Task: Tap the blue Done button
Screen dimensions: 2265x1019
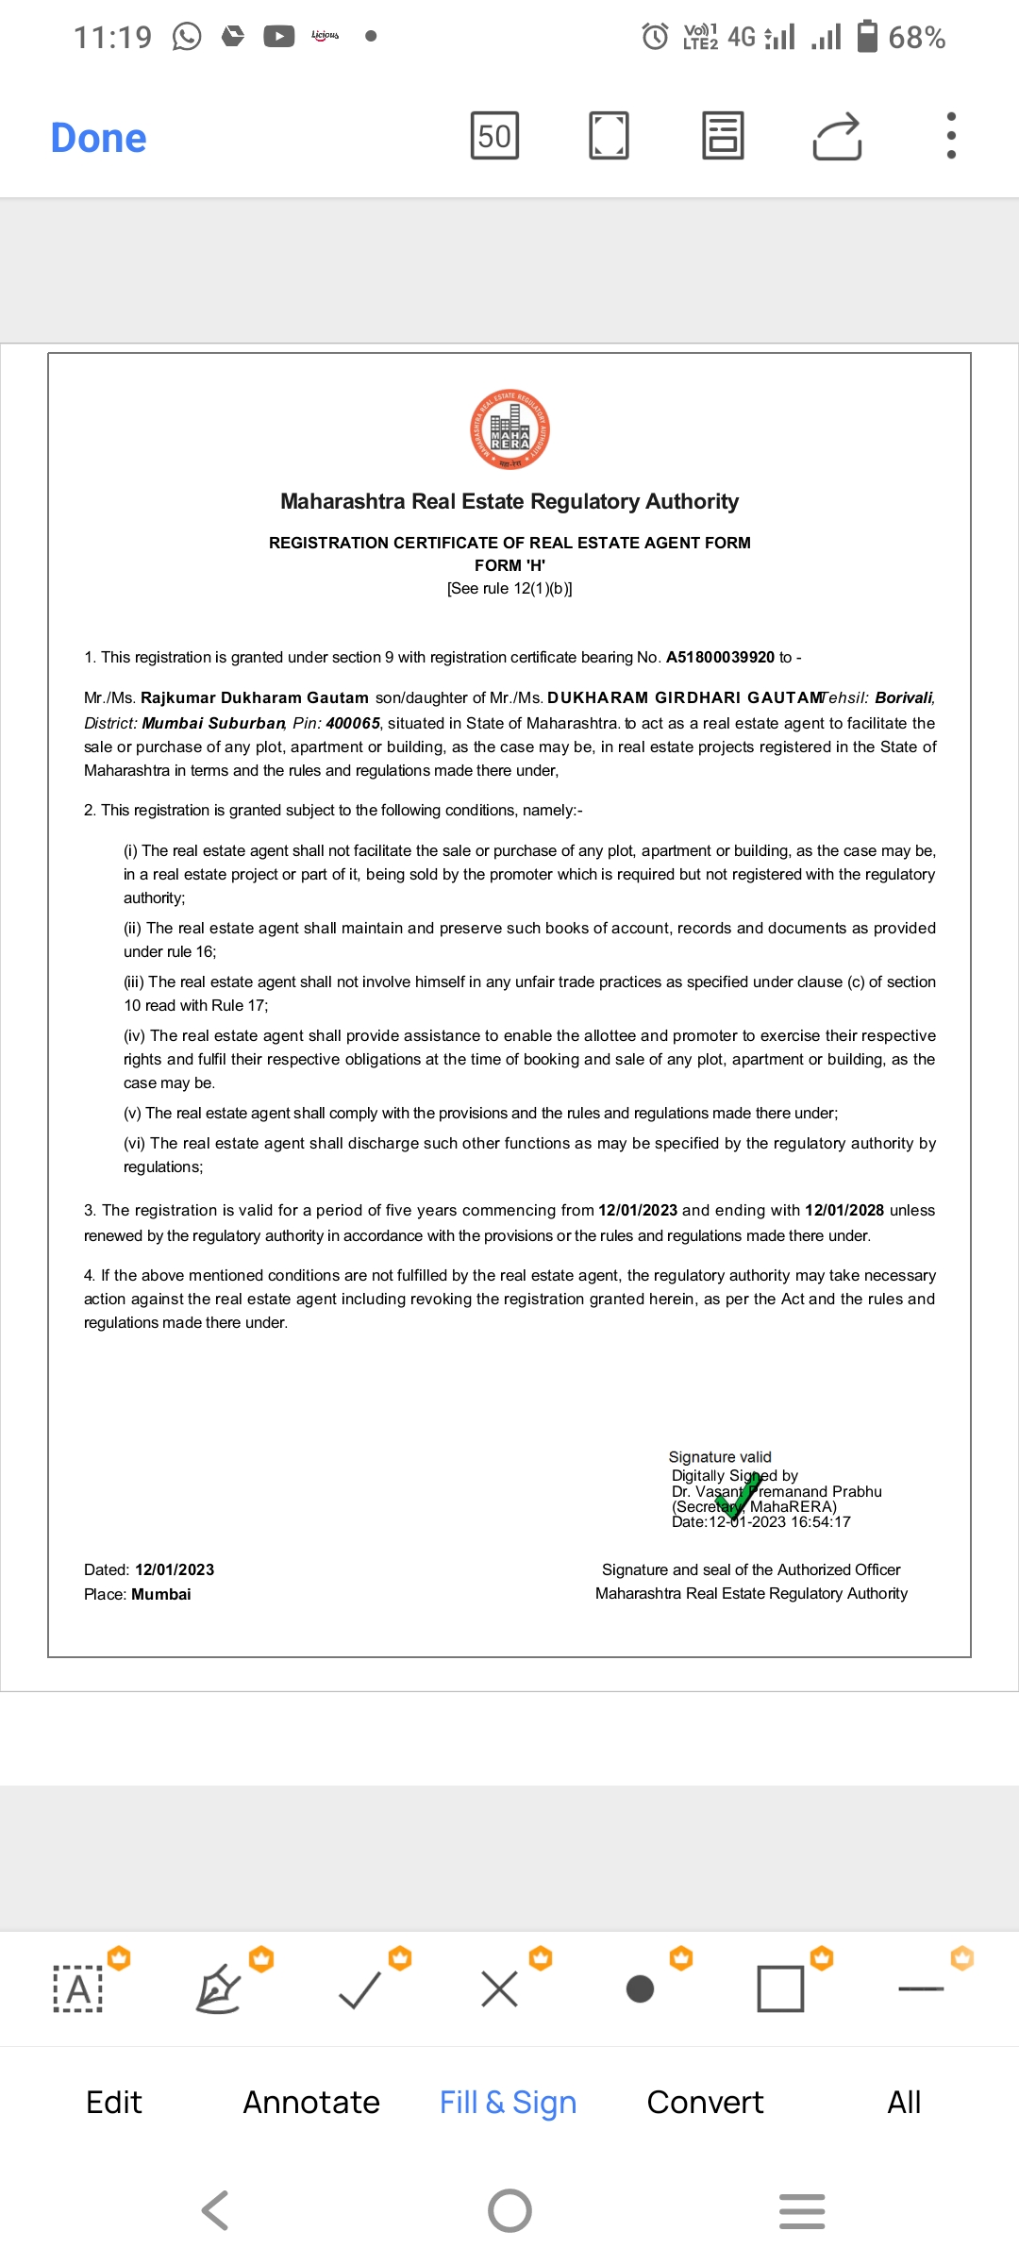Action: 98,138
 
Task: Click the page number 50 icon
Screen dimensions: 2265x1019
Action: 494,136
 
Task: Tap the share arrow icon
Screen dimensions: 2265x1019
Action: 837,136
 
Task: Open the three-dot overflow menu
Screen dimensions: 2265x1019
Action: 951,136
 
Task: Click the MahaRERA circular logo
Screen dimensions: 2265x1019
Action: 509,430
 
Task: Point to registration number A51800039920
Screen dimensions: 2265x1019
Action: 720,657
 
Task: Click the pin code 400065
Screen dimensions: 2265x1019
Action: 353,723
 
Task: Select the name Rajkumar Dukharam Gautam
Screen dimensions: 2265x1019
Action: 255,697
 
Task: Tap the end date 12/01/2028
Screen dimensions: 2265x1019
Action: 844,1210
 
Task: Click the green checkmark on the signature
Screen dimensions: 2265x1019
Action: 740,1495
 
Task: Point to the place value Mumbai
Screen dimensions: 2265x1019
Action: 161,1594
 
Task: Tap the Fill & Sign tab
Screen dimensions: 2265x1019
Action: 508,2103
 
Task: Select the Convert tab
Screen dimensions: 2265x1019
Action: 705,2103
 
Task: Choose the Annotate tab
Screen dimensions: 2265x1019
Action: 311,2103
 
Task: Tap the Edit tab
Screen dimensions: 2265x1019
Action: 114,2103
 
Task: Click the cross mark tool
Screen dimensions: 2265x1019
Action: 499,1988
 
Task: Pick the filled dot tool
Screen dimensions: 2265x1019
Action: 640,1988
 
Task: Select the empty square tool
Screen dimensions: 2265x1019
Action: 780,1988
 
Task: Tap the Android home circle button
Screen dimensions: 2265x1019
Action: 509,2210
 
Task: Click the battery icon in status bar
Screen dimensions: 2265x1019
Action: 867,37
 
